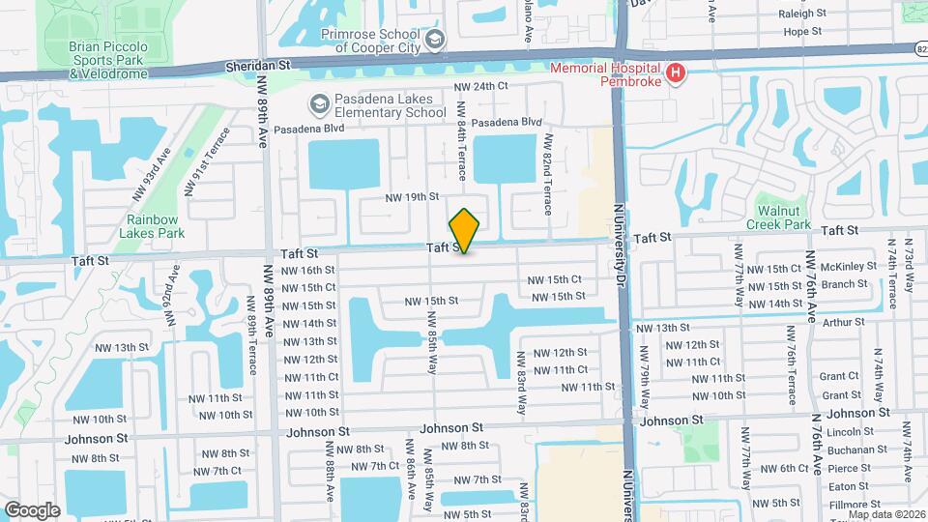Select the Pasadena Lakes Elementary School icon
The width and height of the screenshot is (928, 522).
(319, 103)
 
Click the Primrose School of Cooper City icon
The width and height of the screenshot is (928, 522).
(435, 40)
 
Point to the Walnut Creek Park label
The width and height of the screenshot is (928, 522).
(778, 217)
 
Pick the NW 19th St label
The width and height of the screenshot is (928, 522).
(412, 197)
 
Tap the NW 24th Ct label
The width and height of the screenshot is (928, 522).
(481, 86)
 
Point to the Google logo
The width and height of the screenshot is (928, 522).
(32, 509)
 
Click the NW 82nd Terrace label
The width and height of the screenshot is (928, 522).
(547, 174)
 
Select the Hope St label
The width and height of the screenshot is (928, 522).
(801, 31)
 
